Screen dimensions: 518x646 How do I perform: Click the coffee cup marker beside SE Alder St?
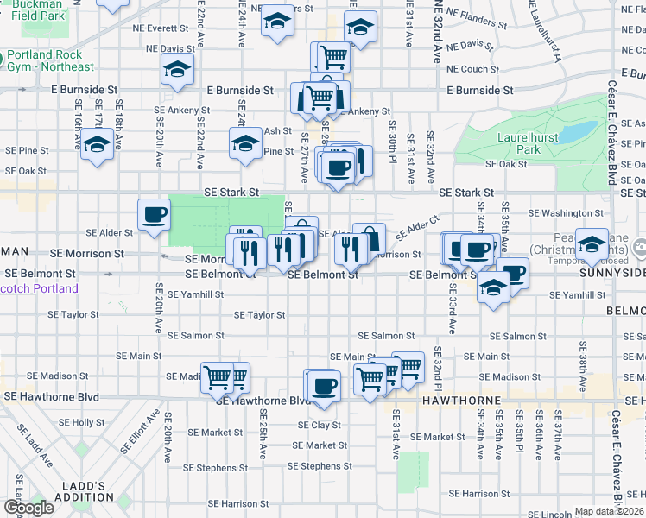pyautogui.click(x=155, y=215)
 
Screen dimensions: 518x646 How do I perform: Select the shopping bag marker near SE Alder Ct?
pyautogui.click(x=369, y=239)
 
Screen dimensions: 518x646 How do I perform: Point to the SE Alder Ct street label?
pyautogui.click(x=418, y=228)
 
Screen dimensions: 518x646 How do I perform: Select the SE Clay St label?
pyautogui.click(x=320, y=425)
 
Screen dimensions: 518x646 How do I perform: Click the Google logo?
pyautogui.click(x=28, y=508)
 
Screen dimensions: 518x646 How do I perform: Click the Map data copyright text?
pyautogui.click(x=610, y=511)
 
